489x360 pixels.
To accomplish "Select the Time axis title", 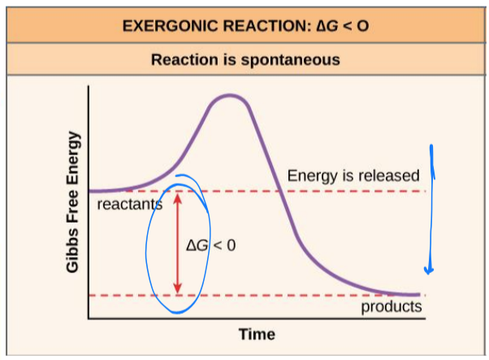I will (257, 334).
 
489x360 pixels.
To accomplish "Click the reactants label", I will (129, 204).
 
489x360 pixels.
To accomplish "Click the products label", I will (392, 306).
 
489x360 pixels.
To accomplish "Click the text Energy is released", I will (353, 176).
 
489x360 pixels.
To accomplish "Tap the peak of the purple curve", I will (231, 96).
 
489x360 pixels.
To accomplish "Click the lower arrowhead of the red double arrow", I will (178, 288).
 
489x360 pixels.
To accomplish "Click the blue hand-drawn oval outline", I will (147, 244).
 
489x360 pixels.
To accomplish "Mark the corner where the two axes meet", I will (89, 318).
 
